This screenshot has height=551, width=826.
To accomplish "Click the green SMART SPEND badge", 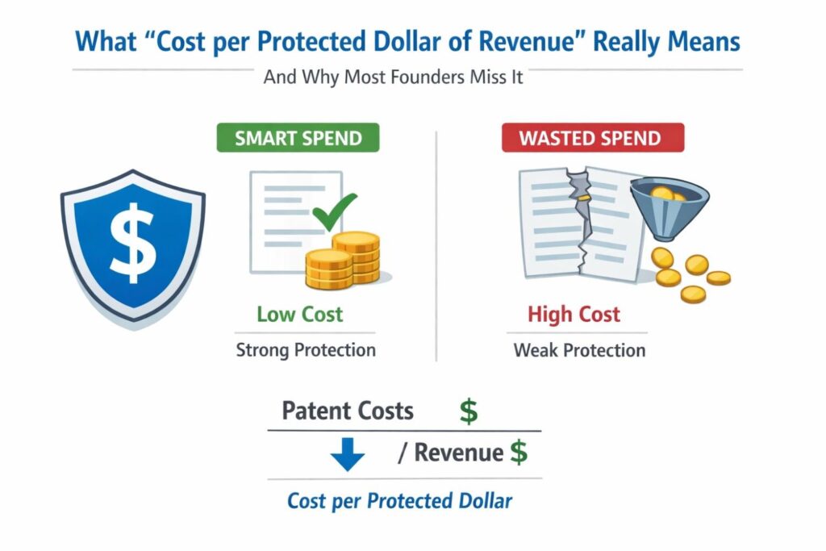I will coord(297,137).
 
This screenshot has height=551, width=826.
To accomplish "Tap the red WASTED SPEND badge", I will coord(592,137).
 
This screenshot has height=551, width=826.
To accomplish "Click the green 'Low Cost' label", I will coord(300,314).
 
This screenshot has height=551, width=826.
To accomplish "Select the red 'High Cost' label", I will coord(574,314).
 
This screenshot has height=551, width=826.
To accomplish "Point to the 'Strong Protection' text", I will coord(306,350).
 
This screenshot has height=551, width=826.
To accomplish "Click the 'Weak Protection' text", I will coord(579,350).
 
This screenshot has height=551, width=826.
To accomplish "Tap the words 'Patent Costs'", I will coord(348,411).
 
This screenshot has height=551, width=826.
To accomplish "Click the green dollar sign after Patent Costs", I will coord(468,411).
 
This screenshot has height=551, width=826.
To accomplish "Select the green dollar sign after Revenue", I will coord(518,453).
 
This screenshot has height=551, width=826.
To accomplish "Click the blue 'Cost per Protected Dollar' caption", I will coord(400,501).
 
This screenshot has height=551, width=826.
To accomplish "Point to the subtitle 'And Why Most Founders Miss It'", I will coord(394,78).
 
